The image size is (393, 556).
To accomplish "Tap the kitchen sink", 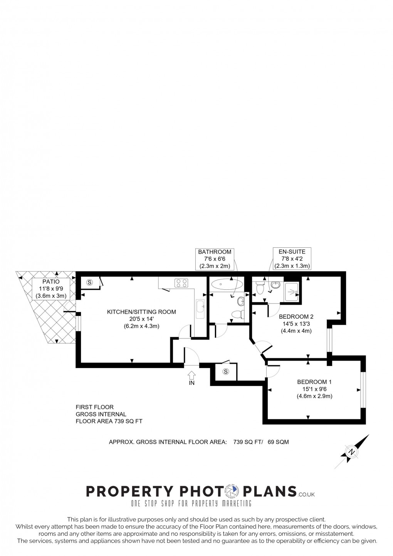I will (x=200, y=309).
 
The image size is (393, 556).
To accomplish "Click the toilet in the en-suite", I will (x=260, y=287).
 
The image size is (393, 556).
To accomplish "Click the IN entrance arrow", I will (x=191, y=375).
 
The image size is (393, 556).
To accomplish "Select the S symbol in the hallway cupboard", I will (x=226, y=372).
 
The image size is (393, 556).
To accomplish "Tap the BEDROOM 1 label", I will (x=314, y=382).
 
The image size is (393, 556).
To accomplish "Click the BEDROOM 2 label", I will (x=296, y=317).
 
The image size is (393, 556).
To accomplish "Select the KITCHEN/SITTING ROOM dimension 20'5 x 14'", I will (x=141, y=319).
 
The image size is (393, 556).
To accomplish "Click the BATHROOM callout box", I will (x=215, y=259).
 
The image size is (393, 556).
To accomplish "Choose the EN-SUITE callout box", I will (x=292, y=259).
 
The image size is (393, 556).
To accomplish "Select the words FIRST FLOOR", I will (x=94, y=407).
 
